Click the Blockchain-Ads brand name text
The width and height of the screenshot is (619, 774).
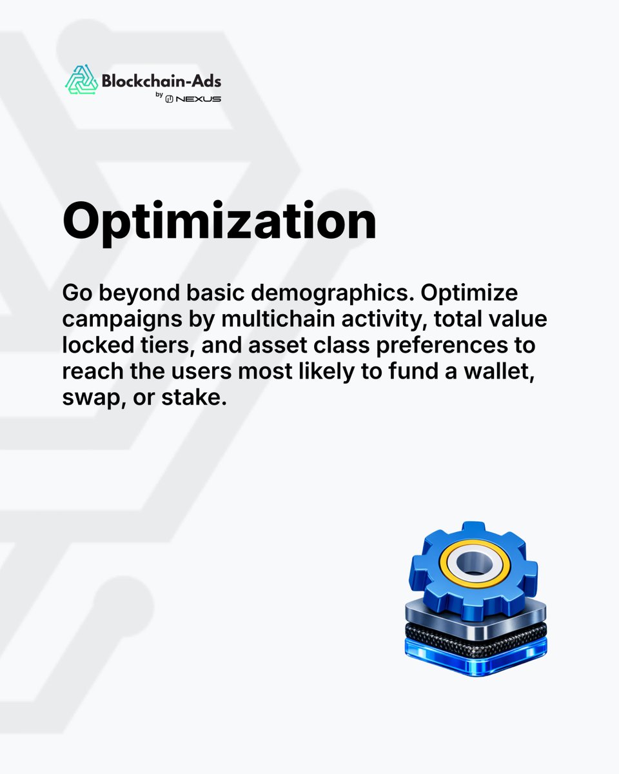pyautogui.click(x=161, y=81)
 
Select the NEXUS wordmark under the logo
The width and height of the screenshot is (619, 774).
pyautogui.click(x=201, y=99)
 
